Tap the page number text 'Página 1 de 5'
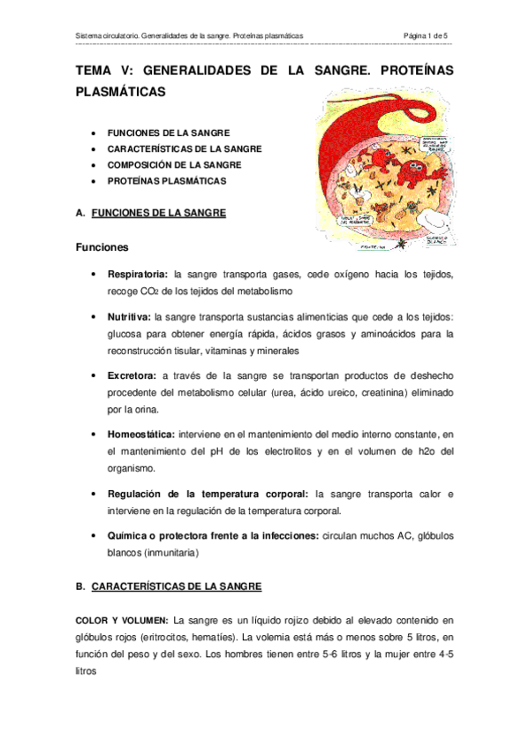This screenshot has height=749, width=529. (x=425, y=35)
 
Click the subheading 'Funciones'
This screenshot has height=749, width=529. (x=102, y=247)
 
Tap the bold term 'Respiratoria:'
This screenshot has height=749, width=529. (x=139, y=275)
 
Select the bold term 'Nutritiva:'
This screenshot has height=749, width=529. (x=129, y=315)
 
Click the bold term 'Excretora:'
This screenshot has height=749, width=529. (x=132, y=374)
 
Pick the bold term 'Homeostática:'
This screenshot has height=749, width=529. (x=141, y=434)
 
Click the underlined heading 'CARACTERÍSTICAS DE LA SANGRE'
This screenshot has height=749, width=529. (x=177, y=586)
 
